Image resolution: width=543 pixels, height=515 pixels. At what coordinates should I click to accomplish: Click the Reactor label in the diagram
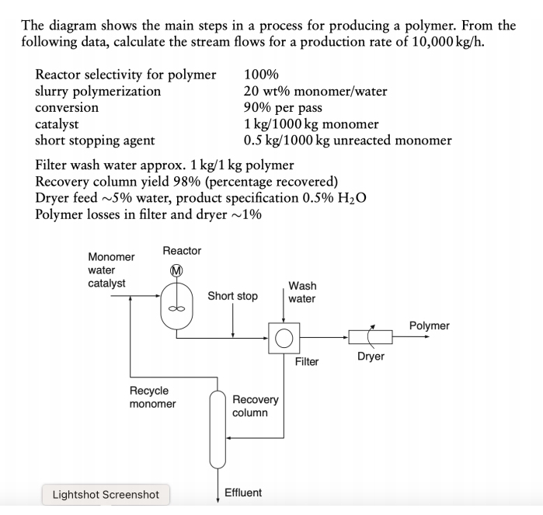(182, 250)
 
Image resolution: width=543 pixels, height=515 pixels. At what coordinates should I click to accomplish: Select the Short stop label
(232, 296)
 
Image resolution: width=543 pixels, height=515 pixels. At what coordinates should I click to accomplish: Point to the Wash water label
(301, 292)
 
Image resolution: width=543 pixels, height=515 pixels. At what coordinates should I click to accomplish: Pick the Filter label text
(306, 361)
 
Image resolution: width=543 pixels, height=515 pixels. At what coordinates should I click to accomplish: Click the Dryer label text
(371, 357)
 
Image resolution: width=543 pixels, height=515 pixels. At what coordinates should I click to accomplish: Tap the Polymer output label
(429, 325)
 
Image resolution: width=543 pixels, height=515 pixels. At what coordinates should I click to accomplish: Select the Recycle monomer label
(152, 397)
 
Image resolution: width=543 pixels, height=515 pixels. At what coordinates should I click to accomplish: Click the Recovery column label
(255, 405)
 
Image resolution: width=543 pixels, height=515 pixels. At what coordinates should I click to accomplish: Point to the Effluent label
(243, 492)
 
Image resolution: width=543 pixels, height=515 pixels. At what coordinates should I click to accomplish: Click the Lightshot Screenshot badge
(105, 494)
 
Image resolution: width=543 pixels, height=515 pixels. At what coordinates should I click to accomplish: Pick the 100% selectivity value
(261, 75)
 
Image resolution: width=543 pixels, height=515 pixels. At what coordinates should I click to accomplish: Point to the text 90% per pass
(283, 107)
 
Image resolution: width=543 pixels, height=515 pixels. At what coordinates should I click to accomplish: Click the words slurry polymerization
(98, 91)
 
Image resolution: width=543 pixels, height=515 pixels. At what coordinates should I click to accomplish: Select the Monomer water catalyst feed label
(110, 270)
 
